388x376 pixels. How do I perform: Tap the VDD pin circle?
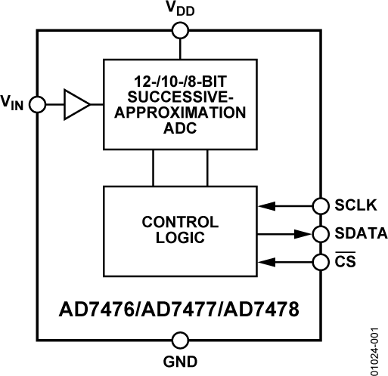[x=180, y=30]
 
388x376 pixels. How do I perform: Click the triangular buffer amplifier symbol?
[x=76, y=105]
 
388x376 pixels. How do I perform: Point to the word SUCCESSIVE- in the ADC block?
[x=179, y=97]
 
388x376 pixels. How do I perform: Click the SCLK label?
[x=352, y=204]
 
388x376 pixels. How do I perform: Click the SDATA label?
[x=356, y=233]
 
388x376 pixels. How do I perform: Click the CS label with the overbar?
[x=345, y=262]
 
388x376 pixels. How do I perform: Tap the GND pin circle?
[x=180, y=340]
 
